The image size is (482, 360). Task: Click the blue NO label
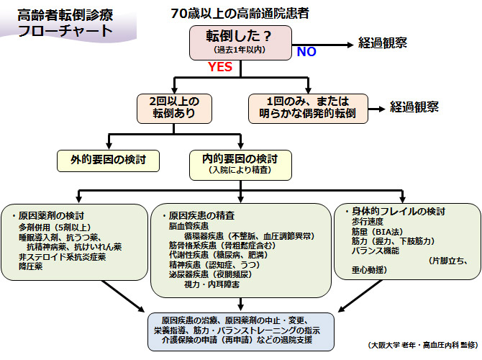point(306,52)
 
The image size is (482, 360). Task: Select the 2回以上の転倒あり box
point(177,107)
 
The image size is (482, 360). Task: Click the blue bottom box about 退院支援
point(241,329)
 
